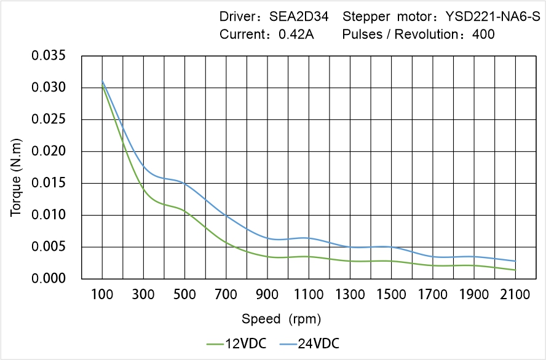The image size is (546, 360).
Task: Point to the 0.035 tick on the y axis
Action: [48, 56]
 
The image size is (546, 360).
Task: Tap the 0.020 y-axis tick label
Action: [48, 152]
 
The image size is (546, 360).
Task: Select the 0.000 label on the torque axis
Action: [48, 279]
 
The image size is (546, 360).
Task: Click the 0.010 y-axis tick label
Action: [48, 216]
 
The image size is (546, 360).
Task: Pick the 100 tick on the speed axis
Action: [102, 295]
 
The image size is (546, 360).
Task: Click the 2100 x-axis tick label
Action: [515, 295]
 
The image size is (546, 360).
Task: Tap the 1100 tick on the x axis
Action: [309, 295]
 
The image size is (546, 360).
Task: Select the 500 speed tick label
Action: [184, 295]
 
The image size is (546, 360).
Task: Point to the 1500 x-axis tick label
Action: [391, 295]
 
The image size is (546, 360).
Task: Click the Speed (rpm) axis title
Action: [281, 319]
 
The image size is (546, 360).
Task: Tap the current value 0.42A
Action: [296, 34]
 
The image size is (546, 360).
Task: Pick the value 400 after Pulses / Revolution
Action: [483, 34]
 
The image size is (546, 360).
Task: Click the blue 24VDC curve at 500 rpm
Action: [184, 183]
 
